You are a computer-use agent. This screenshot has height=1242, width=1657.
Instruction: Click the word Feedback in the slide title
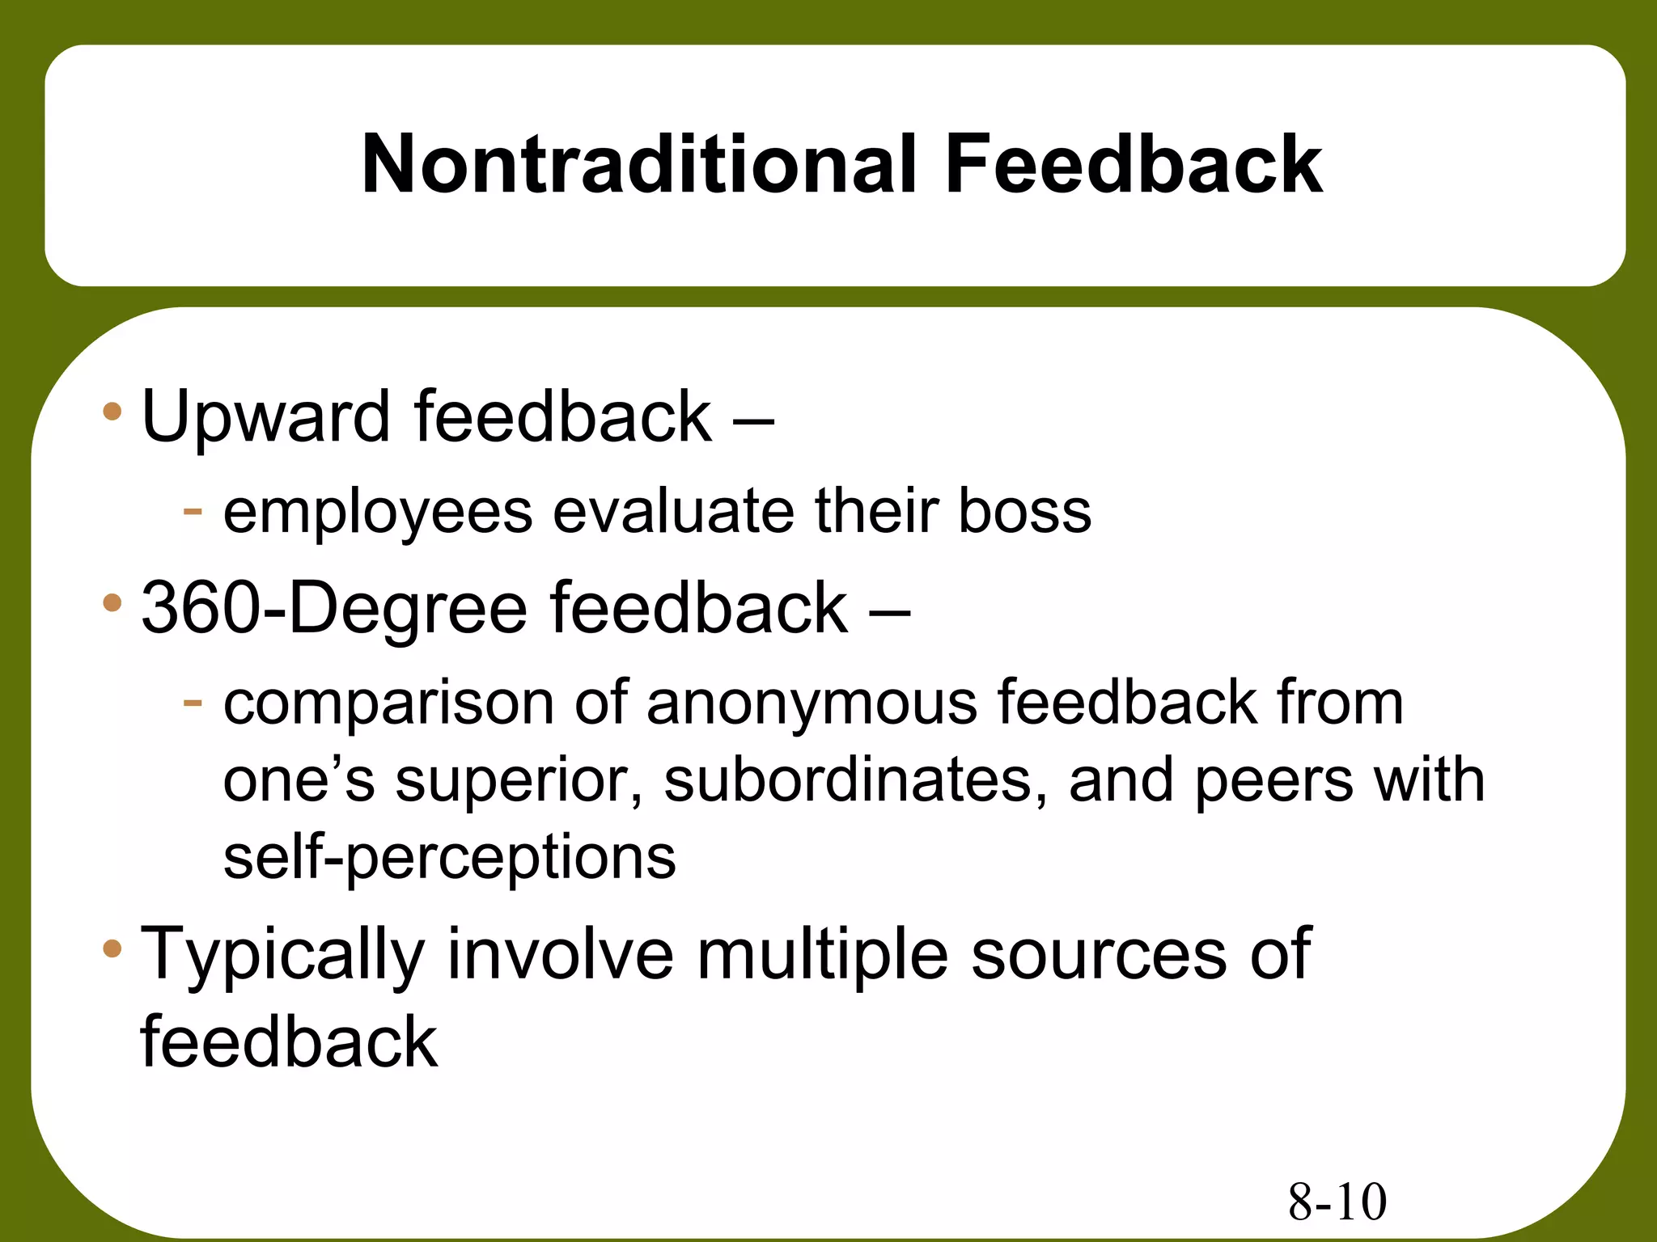[1133, 165]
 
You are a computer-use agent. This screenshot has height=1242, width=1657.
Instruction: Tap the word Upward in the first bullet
[265, 418]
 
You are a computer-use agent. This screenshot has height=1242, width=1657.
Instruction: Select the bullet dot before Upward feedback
[112, 412]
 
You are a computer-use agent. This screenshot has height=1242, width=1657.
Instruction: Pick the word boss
[1024, 511]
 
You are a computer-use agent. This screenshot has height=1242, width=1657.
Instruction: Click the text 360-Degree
[334, 608]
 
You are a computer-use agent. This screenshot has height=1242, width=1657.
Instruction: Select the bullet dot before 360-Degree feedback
[112, 602]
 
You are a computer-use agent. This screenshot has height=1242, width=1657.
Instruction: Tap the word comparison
[388, 703]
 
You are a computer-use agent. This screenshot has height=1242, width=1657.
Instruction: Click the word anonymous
[812, 703]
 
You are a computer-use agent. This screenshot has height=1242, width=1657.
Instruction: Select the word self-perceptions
[449, 859]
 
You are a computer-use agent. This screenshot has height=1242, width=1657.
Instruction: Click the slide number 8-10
[1337, 1202]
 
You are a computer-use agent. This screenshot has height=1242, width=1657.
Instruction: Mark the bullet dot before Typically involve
[112, 947]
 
